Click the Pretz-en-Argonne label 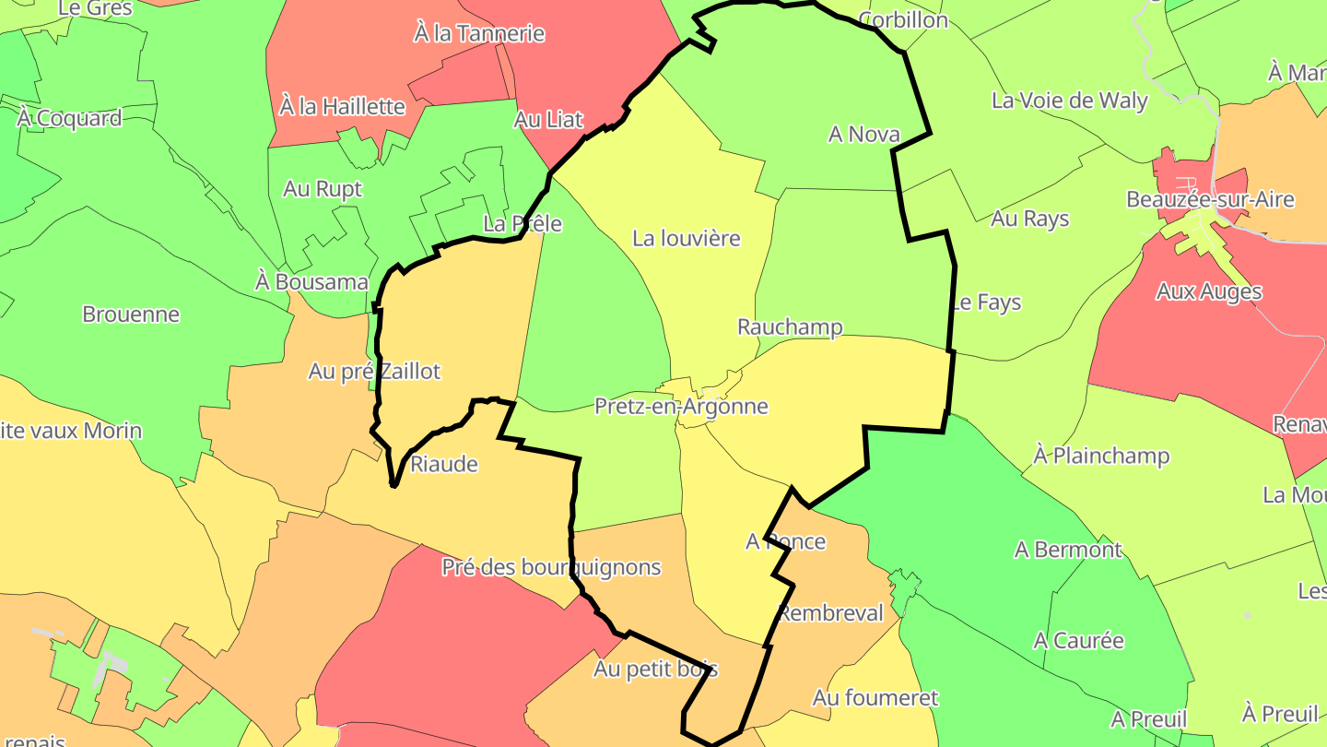coord(681,406)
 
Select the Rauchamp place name coord(790,326)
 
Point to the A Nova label coord(863,134)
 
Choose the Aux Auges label coord(1209,291)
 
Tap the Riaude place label coord(444,464)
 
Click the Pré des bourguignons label coord(551,566)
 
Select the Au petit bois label coord(656,669)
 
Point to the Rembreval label coord(831,613)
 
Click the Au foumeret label coord(875,698)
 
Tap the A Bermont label coord(1068,550)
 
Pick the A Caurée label coord(1079,640)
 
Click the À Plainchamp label coord(1101,456)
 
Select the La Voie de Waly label coord(1070,100)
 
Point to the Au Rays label coord(1029,219)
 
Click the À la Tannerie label coord(479,33)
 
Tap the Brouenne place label coord(131,314)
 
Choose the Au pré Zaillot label coord(374,371)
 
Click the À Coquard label coord(69,118)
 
